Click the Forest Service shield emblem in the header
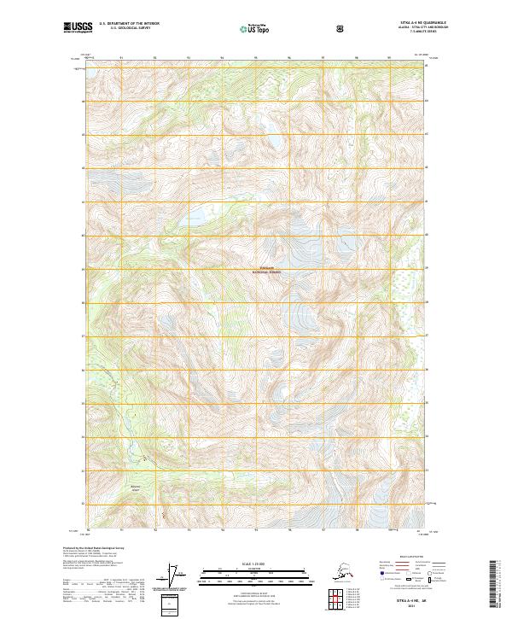coord(340,27)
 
